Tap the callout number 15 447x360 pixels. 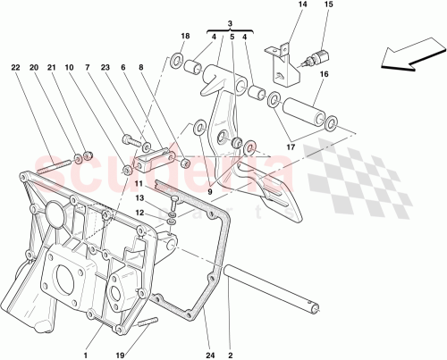click(327, 7)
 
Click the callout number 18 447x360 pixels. click(185, 36)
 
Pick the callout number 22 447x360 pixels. click(16, 67)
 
